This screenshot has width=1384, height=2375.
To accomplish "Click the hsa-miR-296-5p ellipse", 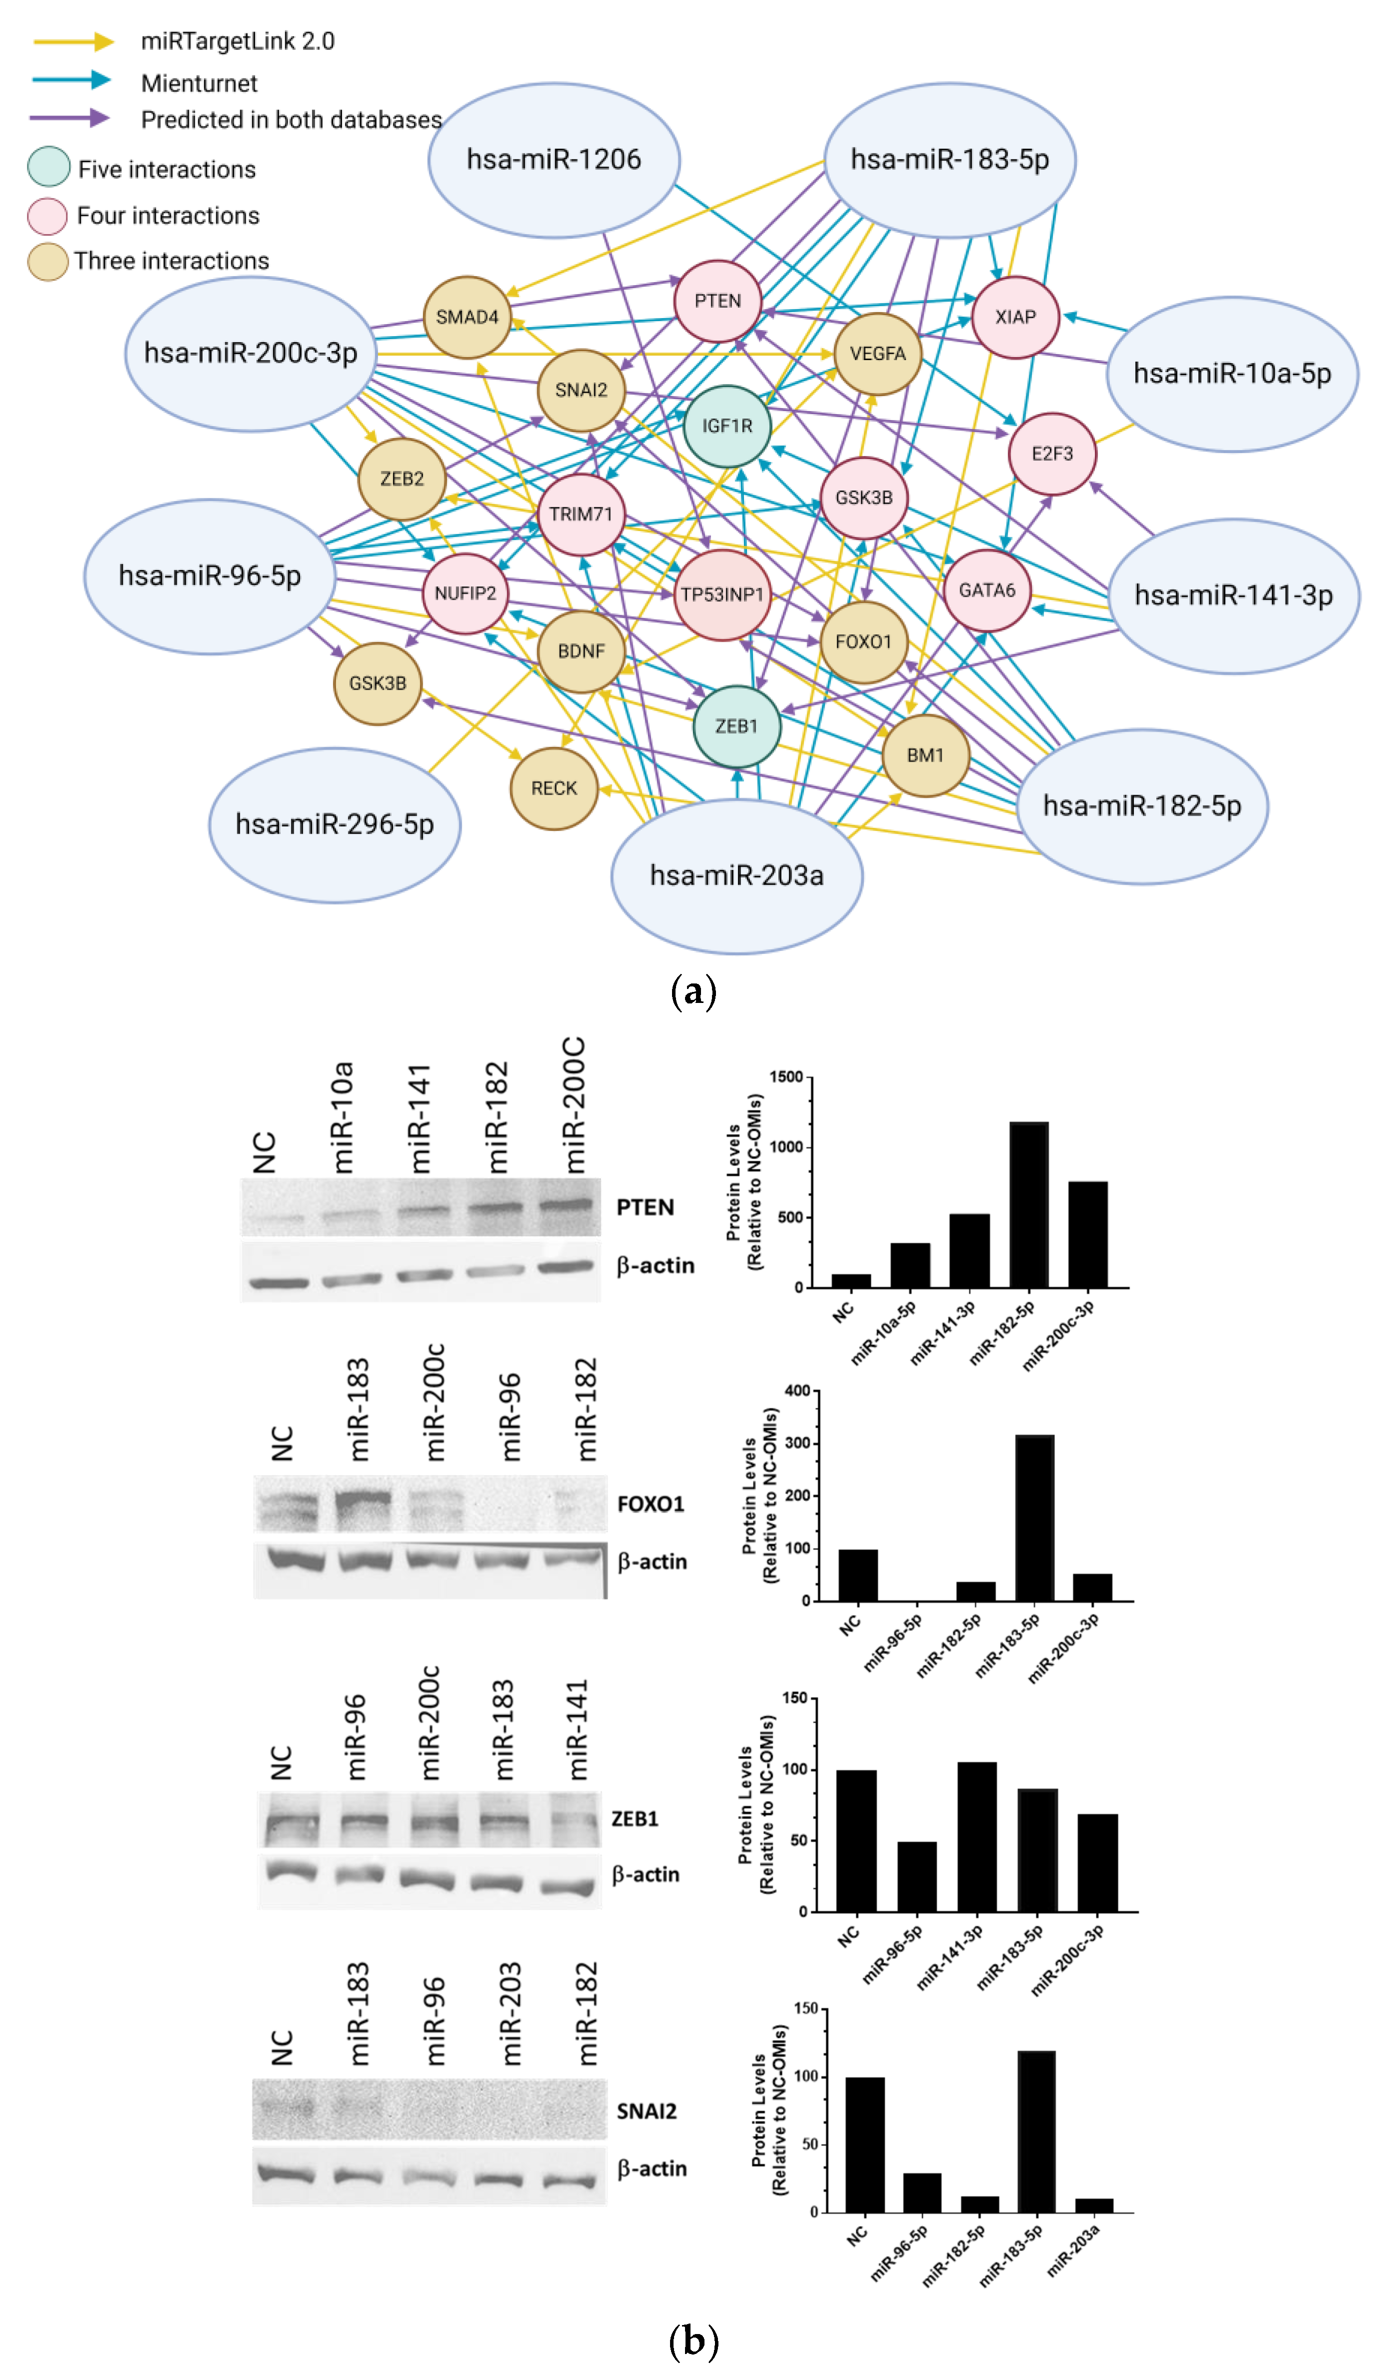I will tap(335, 825).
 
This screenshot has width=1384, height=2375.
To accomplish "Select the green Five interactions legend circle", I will tap(49, 167).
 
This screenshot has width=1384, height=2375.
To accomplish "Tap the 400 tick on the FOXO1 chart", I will tap(797, 1390).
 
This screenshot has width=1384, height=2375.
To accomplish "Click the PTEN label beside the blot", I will tap(645, 1207).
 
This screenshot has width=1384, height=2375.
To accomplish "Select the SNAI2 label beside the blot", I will tap(646, 2111).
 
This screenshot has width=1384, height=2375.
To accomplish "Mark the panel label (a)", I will tap(692, 991).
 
